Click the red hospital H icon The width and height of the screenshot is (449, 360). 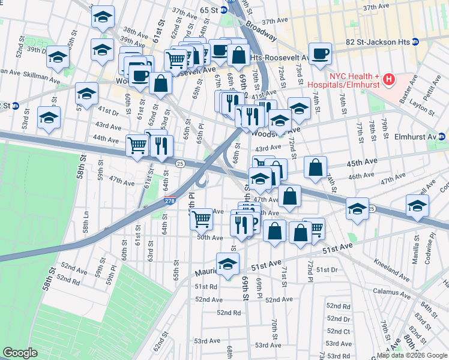pyautogui.click(x=389, y=79)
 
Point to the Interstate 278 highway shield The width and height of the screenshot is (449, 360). pyautogui.click(x=170, y=203)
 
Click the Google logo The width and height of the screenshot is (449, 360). pyautogui.click(x=20, y=353)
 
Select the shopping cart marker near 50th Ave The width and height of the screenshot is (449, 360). pyautogui.click(x=201, y=219)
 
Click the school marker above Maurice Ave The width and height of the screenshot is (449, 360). pyautogui.click(x=228, y=263)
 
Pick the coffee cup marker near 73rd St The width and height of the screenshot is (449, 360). pyautogui.click(x=320, y=53)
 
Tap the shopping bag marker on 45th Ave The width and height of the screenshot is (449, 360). pyautogui.click(x=315, y=167)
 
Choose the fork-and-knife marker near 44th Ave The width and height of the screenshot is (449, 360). pyautogui.click(x=161, y=146)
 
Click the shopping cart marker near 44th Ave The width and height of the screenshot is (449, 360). pyautogui.click(x=137, y=145)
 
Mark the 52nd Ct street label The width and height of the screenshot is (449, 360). pyautogui.click(x=338, y=331)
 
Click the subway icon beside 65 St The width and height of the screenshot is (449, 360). pyautogui.click(x=223, y=10)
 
